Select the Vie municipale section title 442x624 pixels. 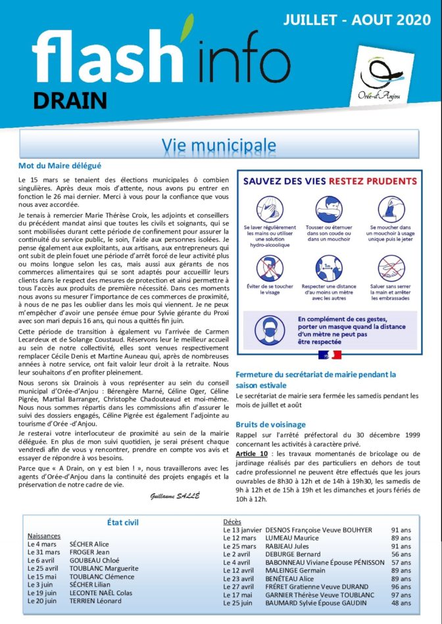(x=219, y=144)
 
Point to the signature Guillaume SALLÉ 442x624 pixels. (x=175, y=495)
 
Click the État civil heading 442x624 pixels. (x=122, y=522)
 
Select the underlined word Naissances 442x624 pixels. (x=44, y=535)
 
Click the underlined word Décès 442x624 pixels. (x=232, y=522)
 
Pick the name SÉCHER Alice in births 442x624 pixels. (x=89, y=544)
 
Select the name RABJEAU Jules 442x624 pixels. (x=287, y=546)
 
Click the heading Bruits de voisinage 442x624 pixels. (x=270, y=424)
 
